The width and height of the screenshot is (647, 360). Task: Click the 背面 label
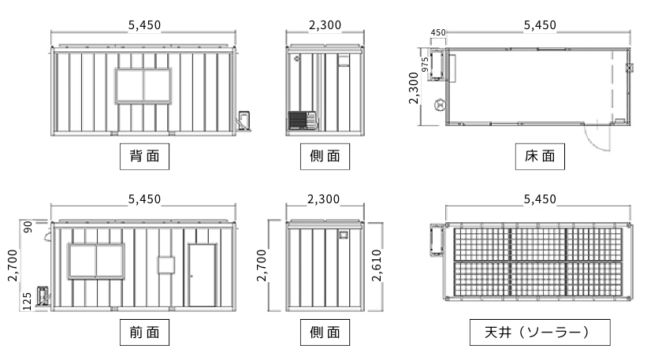pos(144,156)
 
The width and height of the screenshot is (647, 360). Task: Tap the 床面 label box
pos(540,156)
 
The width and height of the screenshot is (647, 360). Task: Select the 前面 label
pos(144,332)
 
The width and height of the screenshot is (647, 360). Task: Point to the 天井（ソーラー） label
pos(540,332)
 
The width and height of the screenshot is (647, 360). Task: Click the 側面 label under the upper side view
pos(325,156)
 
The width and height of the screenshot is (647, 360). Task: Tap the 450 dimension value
pos(438,32)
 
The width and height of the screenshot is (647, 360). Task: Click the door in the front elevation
pos(203,275)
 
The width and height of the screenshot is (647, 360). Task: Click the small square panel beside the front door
pos(166,263)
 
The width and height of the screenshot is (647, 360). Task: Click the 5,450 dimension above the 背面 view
pos(144,25)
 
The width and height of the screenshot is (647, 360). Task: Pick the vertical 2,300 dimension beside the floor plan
pos(414,87)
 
